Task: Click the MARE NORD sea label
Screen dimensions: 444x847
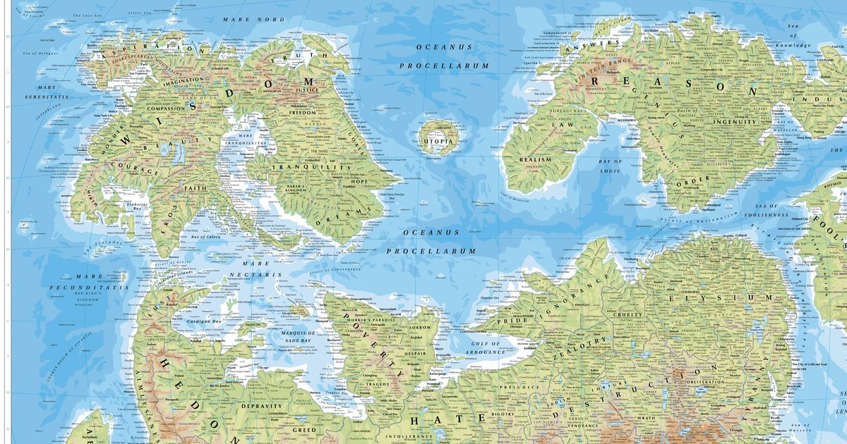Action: click(x=245, y=19)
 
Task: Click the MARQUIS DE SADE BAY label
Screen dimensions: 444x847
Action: click(x=286, y=338)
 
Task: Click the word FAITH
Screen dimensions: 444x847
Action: click(x=196, y=188)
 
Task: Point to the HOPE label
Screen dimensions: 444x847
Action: click(x=361, y=182)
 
